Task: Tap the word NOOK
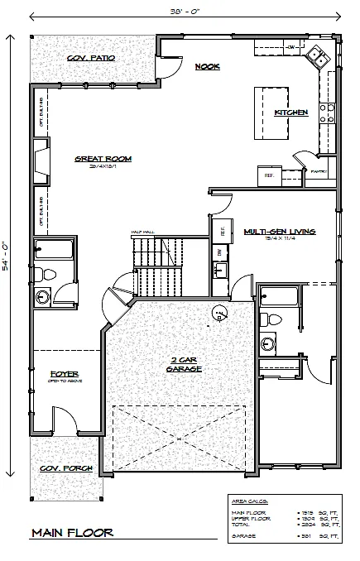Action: pos(207,66)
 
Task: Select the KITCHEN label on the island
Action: pos(290,112)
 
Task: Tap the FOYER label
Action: pos(64,373)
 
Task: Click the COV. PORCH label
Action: pos(65,468)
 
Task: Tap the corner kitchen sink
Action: pos(316,57)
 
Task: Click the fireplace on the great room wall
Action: pos(40,159)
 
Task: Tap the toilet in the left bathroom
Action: pos(48,275)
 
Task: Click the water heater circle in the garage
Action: pos(219,312)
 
